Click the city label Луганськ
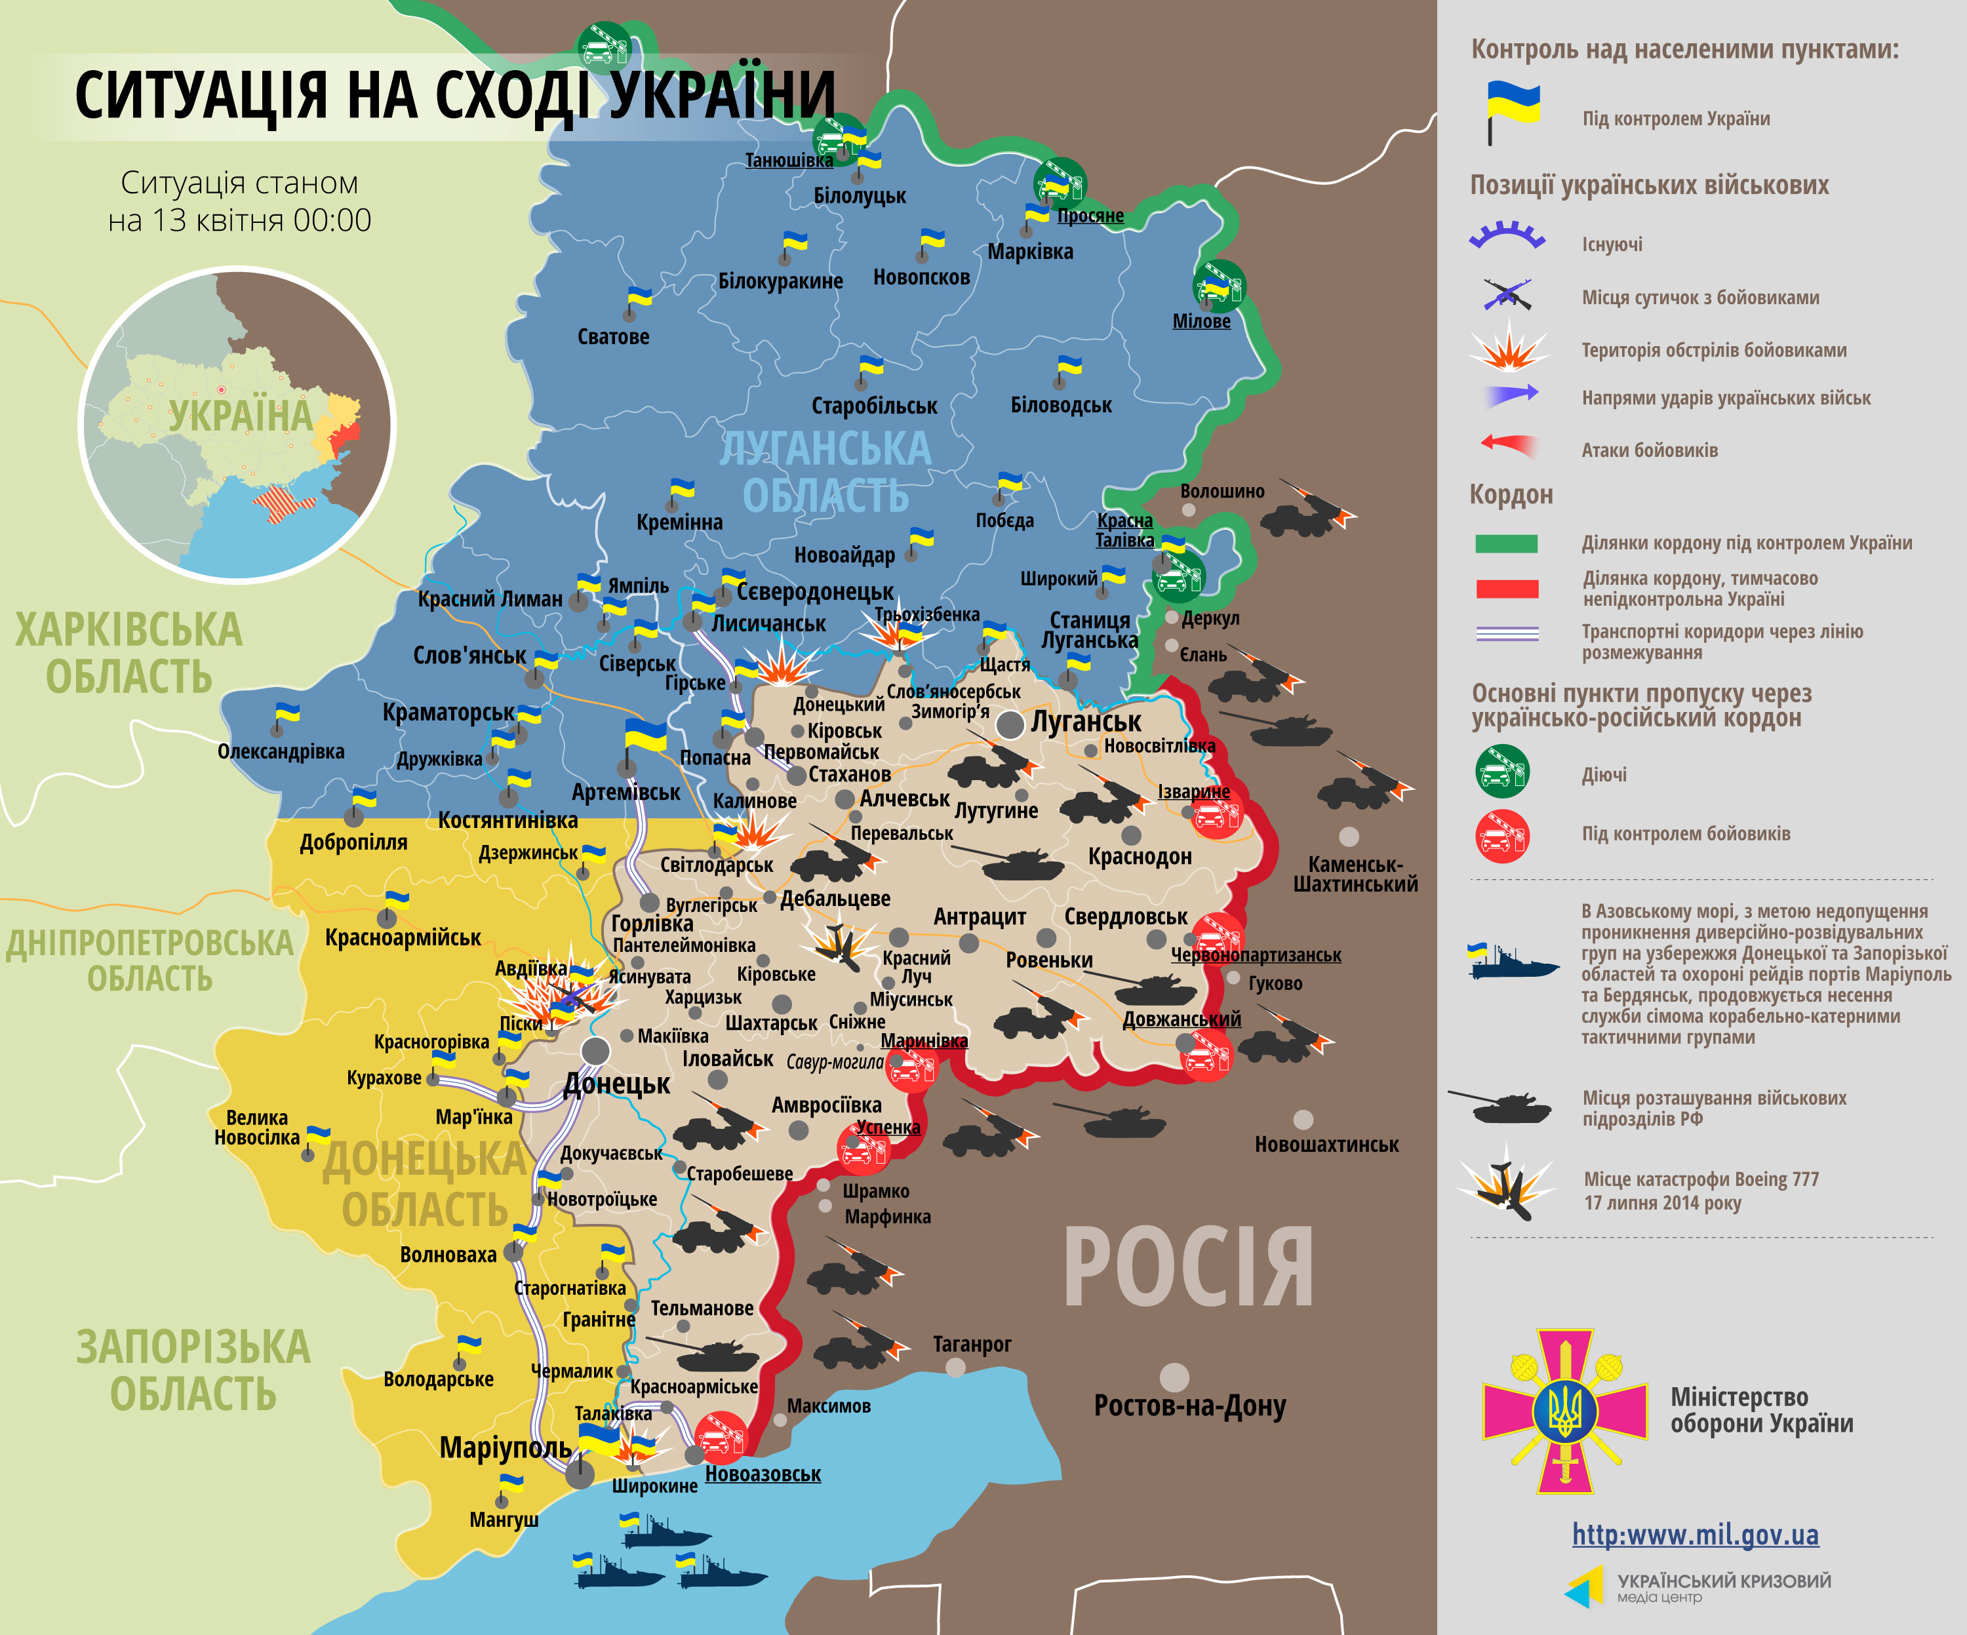(x=1086, y=722)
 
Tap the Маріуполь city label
(x=506, y=1448)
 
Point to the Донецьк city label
(x=616, y=1084)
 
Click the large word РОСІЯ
(x=1187, y=1268)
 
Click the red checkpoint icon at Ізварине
(x=1216, y=815)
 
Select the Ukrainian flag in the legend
(x=1512, y=111)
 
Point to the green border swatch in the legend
(x=1506, y=543)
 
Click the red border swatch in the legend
(x=1506, y=589)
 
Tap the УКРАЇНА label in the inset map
(x=240, y=416)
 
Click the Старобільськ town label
(x=874, y=406)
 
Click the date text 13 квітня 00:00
(x=240, y=220)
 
